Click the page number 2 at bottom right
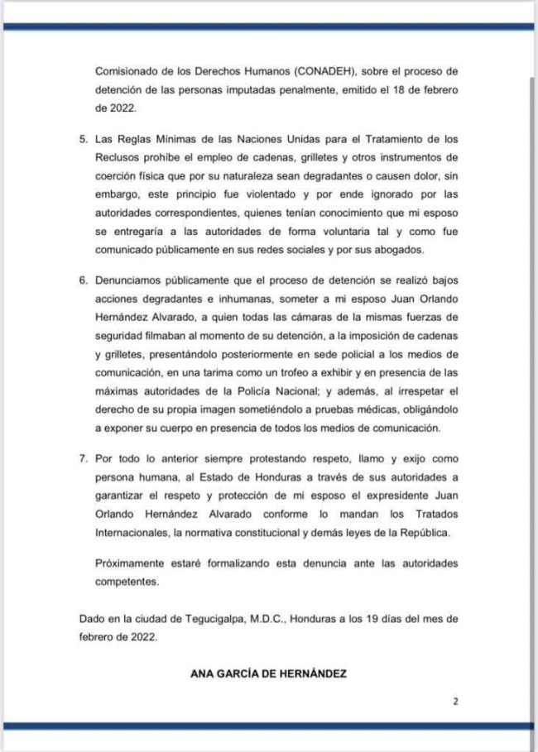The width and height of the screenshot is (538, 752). (x=454, y=702)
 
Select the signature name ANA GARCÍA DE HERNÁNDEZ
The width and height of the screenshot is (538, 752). (x=268, y=673)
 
